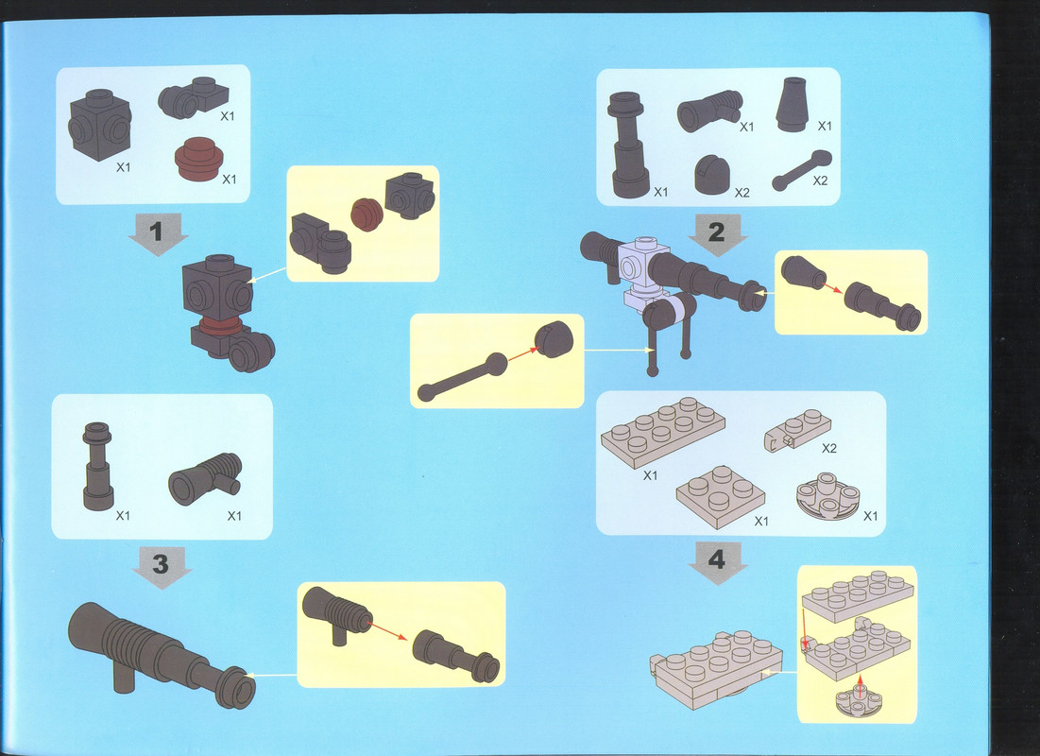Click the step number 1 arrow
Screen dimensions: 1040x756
click(158, 234)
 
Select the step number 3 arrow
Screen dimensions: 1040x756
click(162, 568)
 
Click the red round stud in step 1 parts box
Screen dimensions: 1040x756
click(199, 160)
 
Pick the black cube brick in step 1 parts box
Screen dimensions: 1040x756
click(100, 125)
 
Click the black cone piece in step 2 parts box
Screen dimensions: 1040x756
click(792, 105)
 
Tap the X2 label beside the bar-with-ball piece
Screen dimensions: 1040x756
click(821, 180)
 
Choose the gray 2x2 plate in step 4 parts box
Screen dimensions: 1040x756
click(721, 496)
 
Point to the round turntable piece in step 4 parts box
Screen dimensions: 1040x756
click(827, 496)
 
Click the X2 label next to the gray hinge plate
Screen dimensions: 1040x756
click(829, 449)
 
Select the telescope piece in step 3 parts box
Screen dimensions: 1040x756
click(97, 467)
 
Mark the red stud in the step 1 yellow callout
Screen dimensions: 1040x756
click(367, 215)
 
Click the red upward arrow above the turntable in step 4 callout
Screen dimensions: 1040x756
click(861, 686)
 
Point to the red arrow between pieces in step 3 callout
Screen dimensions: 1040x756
click(388, 630)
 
